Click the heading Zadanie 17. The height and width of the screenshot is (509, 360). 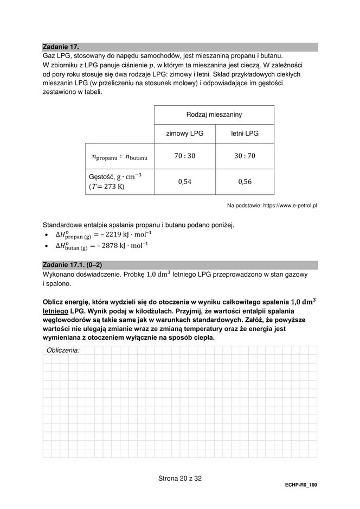tap(64, 47)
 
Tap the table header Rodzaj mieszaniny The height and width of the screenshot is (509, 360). tap(214, 115)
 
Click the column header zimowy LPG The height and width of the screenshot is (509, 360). tap(184, 133)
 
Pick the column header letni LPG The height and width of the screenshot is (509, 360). tap(245, 133)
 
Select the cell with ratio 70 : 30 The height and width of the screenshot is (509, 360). tap(184, 156)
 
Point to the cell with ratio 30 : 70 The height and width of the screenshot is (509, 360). tap(245, 156)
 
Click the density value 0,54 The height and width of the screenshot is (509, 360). tap(184, 182)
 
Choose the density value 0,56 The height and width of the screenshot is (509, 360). tap(245, 182)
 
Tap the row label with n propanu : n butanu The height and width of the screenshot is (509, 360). tap(120, 157)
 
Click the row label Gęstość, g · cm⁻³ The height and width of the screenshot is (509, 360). tap(115, 177)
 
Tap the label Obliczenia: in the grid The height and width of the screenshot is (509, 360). tap(63, 351)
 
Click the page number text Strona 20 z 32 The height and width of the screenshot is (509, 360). tap(179, 479)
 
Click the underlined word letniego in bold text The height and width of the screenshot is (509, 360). tap(56, 311)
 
